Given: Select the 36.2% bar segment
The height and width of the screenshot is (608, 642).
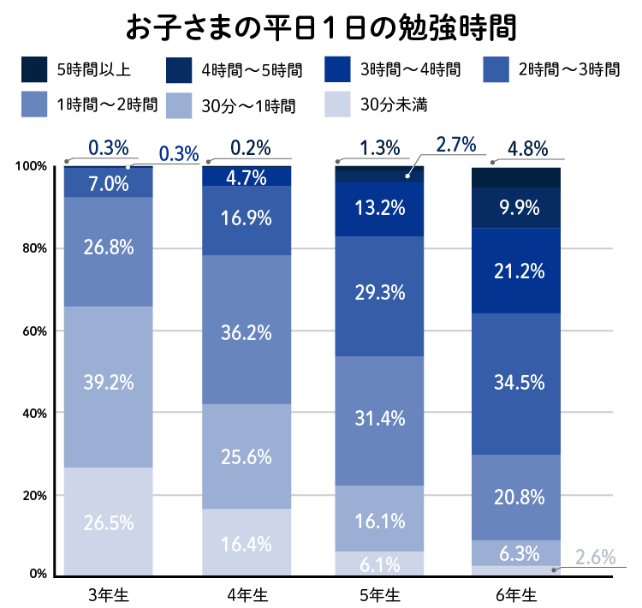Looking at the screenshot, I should click(247, 330).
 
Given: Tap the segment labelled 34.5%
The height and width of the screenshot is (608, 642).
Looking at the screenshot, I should click(517, 384).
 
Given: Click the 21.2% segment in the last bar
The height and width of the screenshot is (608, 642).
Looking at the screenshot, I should click(517, 271).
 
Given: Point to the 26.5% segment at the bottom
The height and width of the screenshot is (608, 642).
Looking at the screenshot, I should click(109, 522).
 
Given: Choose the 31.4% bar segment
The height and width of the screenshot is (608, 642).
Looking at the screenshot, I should click(380, 420).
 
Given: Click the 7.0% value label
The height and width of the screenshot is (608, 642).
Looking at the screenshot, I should click(109, 183).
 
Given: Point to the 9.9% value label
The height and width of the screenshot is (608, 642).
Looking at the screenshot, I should click(516, 207).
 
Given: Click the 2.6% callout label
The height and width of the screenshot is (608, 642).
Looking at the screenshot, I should click(595, 557).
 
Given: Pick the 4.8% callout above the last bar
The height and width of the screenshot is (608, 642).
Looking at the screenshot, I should click(527, 148).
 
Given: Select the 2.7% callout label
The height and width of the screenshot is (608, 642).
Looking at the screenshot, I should click(455, 145).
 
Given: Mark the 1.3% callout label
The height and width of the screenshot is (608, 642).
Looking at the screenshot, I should click(380, 147).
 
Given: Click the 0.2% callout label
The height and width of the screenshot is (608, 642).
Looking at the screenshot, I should click(250, 147).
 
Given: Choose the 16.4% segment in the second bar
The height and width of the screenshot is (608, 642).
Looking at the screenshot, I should click(247, 543).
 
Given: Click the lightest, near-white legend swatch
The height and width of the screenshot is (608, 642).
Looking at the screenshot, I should click(338, 104).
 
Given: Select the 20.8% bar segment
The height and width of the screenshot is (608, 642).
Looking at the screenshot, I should click(517, 497).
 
